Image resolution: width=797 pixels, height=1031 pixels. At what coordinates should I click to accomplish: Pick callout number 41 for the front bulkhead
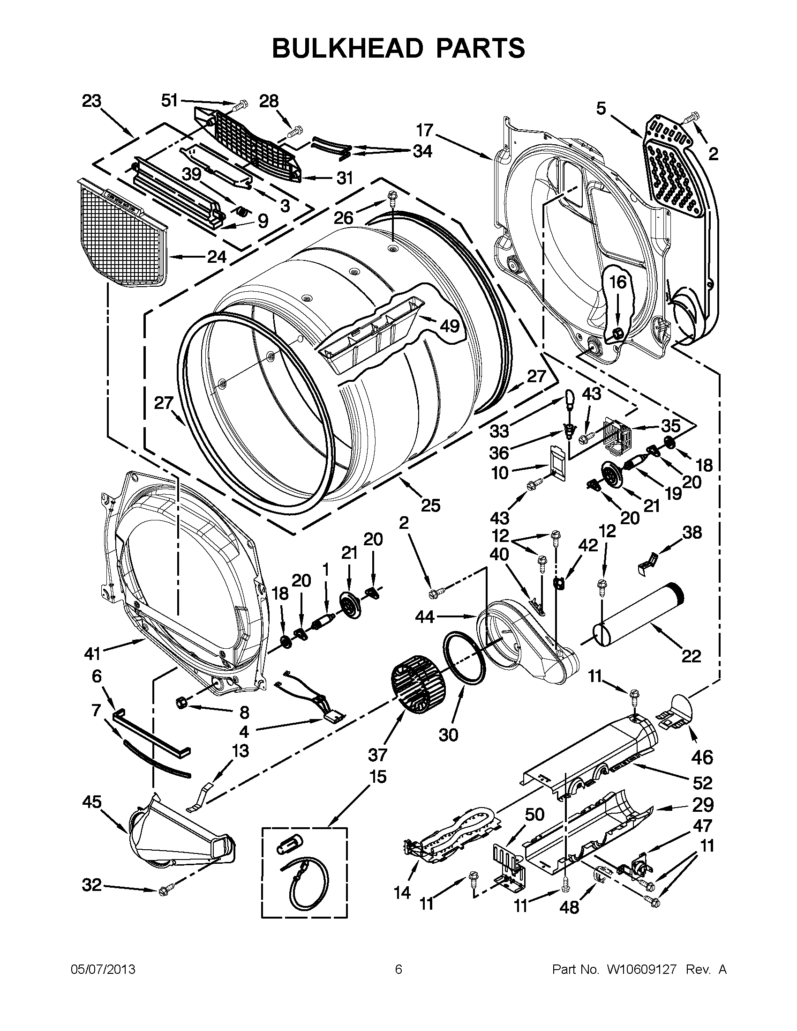click(x=93, y=653)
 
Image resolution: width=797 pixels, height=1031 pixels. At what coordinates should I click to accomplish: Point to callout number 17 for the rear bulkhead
click(x=425, y=130)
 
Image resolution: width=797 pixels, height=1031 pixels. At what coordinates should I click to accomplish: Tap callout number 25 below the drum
click(x=430, y=505)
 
